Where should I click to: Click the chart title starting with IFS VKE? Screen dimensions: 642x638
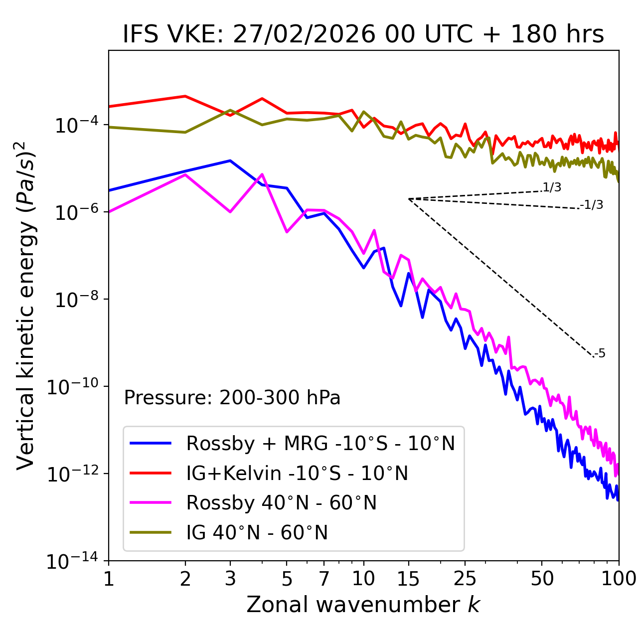[363, 34]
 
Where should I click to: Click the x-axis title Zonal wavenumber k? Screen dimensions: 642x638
[363, 604]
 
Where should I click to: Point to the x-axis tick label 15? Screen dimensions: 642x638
[408, 579]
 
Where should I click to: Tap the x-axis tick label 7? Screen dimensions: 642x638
[324, 579]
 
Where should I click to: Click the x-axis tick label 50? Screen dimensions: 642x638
[542, 579]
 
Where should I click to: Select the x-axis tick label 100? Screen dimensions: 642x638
[619, 579]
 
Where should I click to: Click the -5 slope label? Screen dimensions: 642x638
[600, 354]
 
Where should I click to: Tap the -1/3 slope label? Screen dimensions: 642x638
[592, 205]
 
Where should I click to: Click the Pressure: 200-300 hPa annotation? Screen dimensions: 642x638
[232, 398]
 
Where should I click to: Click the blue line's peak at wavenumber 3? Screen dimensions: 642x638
[230, 160]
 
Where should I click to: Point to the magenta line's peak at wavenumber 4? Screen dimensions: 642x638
[262, 174]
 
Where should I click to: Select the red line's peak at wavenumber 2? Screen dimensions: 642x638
[185, 96]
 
